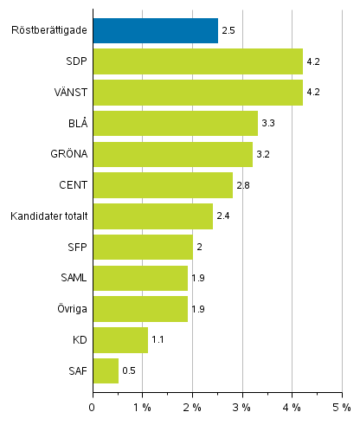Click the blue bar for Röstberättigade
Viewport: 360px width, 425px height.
(155, 31)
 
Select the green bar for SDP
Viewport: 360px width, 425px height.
(197, 62)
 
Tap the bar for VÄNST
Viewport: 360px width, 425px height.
(197, 93)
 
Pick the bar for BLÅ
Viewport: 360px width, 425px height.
(175, 124)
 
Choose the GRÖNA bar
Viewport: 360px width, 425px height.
(172, 154)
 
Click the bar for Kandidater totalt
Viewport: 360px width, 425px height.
(152, 216)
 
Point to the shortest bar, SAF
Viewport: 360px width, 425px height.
(105, 370)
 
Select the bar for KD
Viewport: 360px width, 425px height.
(120, 339)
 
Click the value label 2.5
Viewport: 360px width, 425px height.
(229, 32)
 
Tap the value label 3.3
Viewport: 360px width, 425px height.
(269, 125)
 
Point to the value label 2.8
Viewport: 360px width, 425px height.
(244, 186)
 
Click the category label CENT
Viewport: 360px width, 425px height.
(72, 185)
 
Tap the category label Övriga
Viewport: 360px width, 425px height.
(70, 309)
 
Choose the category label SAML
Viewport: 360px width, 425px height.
(72, 278)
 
